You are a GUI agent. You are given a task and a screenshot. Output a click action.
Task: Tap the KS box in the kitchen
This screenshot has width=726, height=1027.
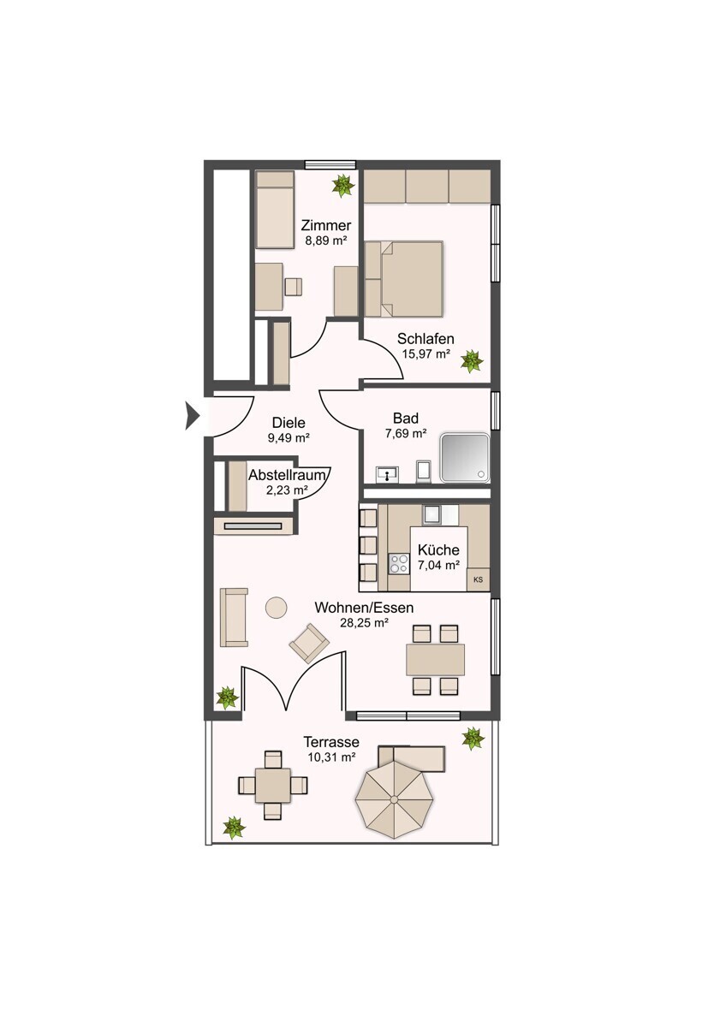478,579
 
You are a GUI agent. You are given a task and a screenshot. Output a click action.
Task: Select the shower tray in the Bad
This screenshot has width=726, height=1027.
465,457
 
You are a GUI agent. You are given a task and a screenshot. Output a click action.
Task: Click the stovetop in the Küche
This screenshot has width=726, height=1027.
399,564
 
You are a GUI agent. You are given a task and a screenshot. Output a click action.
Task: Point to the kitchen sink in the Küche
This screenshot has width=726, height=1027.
433,514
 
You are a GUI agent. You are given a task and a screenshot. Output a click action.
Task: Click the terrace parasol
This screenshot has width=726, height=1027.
394,799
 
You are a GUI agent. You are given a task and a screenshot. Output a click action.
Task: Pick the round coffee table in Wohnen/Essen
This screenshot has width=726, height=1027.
276,608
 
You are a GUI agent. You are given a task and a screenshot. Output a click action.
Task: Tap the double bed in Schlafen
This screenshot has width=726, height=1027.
404,279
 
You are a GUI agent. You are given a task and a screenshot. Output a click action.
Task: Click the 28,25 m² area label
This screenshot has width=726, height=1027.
364,623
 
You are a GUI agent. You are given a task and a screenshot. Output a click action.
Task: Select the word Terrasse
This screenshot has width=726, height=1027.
331,741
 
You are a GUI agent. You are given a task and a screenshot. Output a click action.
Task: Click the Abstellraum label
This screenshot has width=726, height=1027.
288,475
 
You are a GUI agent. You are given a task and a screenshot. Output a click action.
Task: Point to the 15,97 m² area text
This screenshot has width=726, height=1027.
425,353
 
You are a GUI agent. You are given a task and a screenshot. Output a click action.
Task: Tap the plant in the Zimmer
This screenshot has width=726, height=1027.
343,186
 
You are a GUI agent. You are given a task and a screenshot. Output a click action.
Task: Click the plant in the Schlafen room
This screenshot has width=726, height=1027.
472,361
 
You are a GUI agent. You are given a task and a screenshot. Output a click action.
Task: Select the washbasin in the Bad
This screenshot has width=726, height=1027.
388,474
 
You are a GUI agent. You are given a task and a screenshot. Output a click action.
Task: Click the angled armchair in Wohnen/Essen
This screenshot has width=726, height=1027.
309,643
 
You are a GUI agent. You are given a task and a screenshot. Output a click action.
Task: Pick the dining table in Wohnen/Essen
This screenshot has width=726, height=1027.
435,660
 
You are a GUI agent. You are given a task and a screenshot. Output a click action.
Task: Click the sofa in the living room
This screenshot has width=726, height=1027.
234,618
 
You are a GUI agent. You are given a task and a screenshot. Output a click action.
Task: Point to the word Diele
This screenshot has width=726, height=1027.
289,422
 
